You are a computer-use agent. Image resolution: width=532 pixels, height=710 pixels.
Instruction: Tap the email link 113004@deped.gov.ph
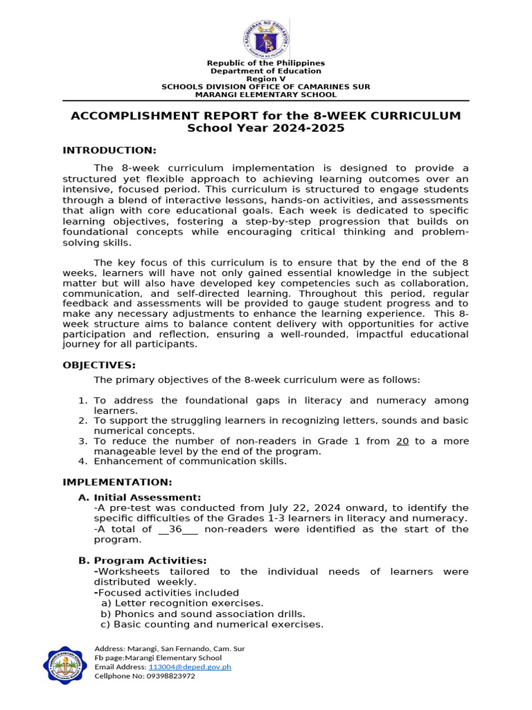[x=190, y=666]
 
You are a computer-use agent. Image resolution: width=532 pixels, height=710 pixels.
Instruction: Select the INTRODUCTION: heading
[x=109, y=150]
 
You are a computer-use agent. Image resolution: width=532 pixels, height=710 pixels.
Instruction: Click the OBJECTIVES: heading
[x=99, y=365]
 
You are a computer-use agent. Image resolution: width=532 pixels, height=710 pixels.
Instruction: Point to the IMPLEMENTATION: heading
[x=117, y=482]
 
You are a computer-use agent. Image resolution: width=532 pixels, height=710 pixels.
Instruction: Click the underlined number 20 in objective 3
[x=402, y=441]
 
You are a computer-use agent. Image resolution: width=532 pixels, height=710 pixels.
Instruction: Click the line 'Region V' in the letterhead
[x=266, y=79]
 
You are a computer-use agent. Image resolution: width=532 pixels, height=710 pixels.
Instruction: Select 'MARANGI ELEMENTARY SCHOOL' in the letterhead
[x=266, y=94]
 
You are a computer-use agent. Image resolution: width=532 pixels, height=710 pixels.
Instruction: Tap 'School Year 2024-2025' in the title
[x=266, y=128]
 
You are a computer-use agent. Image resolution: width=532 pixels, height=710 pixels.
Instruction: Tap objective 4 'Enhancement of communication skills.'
[x=190, y=461]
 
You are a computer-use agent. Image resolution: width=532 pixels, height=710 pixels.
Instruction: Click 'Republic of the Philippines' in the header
[x=266, y=63]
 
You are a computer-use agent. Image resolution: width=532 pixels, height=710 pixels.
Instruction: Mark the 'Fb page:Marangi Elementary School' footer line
[x=158, y=657]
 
